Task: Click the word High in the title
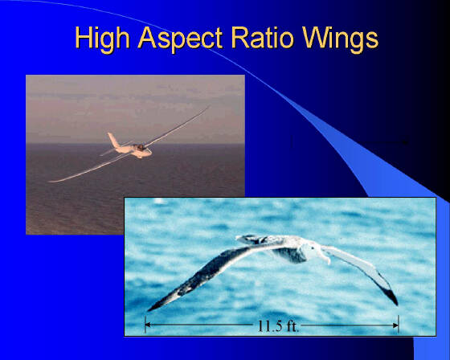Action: tap(102, 39)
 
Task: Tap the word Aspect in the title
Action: tap(180, 39)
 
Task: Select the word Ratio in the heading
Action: tap(262, 37)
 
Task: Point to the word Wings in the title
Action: tap(340, 39)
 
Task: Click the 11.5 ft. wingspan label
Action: tap(278, 325)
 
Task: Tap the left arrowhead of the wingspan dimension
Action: tap(148, 325)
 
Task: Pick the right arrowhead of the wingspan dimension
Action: tap(395, 325)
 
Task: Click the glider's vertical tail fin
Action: tap(112, 140)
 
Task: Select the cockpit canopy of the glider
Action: tap(141, 148)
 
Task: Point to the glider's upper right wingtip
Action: tap(209, 107)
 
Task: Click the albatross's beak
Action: tap(326, 257)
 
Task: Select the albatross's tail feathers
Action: tap(247, 239)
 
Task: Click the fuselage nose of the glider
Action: tap(149, 153)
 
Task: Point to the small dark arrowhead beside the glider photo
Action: tap(405, 141)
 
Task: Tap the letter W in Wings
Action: tap(315, 37)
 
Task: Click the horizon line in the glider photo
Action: tap(135, 143)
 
